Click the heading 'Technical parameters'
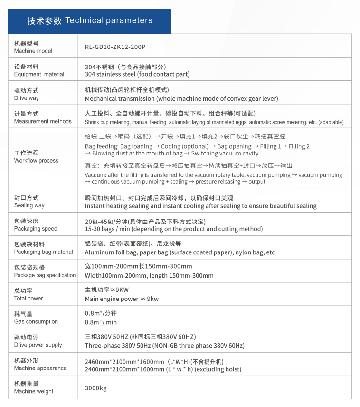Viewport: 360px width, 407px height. tap(109, 20)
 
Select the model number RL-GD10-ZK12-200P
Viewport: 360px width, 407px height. tap(115, 47)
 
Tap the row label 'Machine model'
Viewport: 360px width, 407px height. tap(33, 51)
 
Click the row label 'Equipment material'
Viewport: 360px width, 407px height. tap(39, 74)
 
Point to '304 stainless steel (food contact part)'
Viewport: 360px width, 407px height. tap(137, 74)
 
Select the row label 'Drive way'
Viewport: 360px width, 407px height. tap(27, 98)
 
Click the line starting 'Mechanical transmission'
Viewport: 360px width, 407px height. tap(181, 99)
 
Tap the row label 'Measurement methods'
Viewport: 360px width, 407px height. tap(43, 121)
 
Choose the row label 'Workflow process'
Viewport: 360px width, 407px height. tap(36, 161)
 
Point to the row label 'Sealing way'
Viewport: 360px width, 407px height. tap(29, 205)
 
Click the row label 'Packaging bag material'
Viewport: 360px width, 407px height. tap(44, 252)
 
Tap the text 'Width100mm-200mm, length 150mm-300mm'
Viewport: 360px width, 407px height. tap(149, 275)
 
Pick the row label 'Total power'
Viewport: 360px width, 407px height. tap(28, 299)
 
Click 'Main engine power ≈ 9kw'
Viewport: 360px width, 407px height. tap(122, 299)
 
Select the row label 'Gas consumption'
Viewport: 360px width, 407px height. tap(36, 322)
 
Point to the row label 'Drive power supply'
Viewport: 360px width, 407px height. tap(38, 345)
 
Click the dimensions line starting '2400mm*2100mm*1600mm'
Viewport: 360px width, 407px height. tap(163, 369)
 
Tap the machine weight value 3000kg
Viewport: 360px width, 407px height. tap(96, 388)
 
